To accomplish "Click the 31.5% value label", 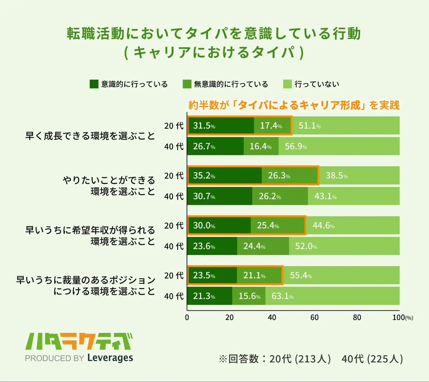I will (x=204, y=126).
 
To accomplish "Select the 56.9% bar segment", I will (x=339, y=146).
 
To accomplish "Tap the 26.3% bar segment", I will (x=290, y=175).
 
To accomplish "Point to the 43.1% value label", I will (x=326, y=196).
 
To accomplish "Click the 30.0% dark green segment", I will (x=219, y=226).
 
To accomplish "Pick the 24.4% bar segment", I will (x=263, y=246).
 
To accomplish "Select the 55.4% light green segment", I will (x=341, y=275).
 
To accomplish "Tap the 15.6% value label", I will (x=249, y=296).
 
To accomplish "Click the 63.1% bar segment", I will (x=332, y=296).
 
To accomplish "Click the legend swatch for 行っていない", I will (x=287, y=84).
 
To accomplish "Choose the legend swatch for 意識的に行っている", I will (x=94, y=84).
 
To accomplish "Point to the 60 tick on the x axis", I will (x=315, y=317).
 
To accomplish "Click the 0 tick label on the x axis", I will (x=187, y=317).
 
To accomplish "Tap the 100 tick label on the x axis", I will (x=399, y=317).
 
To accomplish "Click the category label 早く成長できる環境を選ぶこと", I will (x=90, y=136).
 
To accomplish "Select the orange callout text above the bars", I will (x=294, y=105).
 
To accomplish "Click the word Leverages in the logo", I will (x=110, y=358).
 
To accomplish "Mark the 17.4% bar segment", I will (x=272, y=126).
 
